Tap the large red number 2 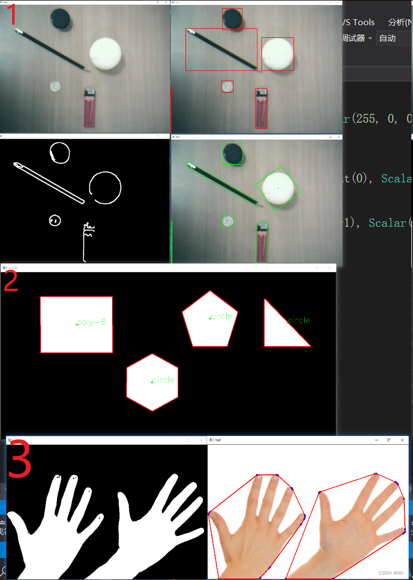tap(11, 280)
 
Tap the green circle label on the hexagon tap(164, 380)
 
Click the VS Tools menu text tap(358, 22)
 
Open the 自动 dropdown tap(393, 38)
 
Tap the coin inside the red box tap(227, 86)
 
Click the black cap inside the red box tap(232, 19)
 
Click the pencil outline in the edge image tap(49, 182)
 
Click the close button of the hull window tap(403, 440)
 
